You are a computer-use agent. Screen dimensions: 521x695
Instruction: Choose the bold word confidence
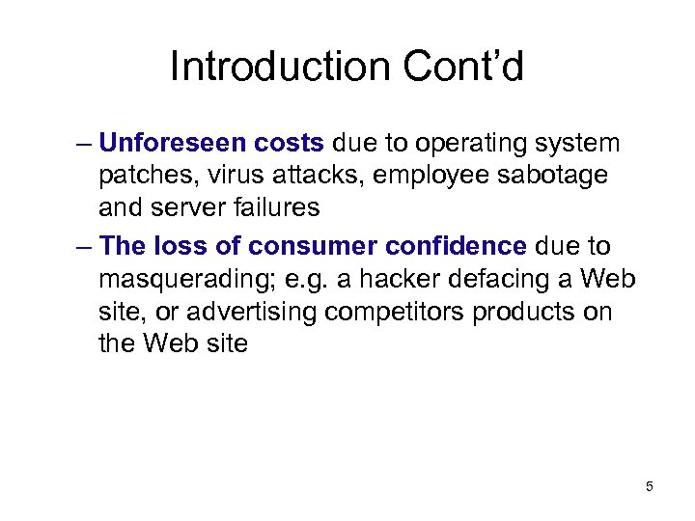(457, 246)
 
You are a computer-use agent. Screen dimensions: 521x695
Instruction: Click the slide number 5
(650, 486)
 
